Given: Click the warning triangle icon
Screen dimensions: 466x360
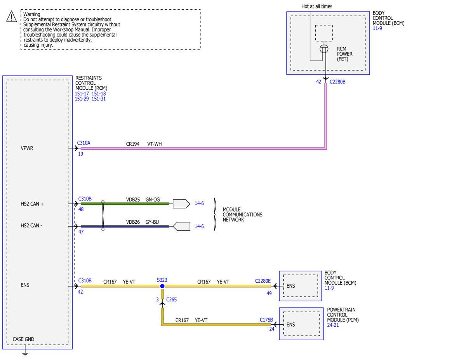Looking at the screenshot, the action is [x=12, y=17].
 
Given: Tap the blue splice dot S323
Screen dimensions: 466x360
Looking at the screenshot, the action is [x=162, y=286].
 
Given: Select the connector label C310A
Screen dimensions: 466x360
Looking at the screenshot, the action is [x=83, y=143].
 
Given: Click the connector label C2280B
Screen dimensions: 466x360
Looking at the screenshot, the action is [x=337, y=82].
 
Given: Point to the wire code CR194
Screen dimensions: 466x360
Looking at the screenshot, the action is [x=133, y=144].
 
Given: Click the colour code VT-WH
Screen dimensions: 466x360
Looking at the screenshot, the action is [x=155, y=144].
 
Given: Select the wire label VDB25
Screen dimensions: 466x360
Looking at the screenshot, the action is [x=133, y=200].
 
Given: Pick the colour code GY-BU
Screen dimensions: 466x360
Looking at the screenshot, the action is [x=152, y=222].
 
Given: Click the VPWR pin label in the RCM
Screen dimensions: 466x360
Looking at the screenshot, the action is [x=27, y=148].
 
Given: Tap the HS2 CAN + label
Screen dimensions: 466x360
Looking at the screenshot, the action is [x=32, y=204].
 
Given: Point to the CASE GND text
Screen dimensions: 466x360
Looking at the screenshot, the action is [x=23, y=339].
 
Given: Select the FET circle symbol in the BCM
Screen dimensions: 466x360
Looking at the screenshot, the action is [x=324, y=49].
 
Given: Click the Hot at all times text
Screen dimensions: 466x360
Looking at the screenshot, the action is [x=317, y=7].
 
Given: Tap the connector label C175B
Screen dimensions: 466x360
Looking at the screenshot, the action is [x=266, y=320].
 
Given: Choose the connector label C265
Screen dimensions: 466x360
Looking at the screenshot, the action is [x=171, y=299].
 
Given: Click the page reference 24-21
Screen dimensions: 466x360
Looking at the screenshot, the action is [x=333, y=325].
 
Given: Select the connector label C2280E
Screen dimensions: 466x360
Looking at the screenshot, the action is [x=263, y=281].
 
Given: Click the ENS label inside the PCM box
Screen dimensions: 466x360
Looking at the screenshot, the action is [x=291, y=325].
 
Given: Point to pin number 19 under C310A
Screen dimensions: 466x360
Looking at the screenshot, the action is [x=80, y=154].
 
